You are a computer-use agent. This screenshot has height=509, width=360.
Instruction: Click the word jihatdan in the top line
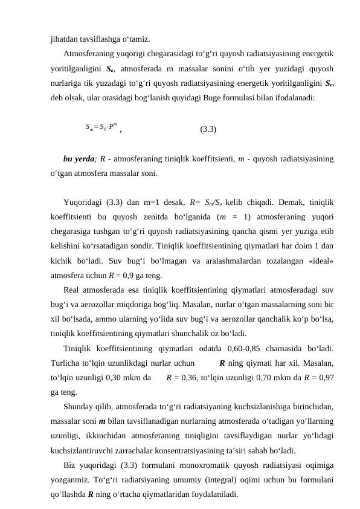point(64,33)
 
